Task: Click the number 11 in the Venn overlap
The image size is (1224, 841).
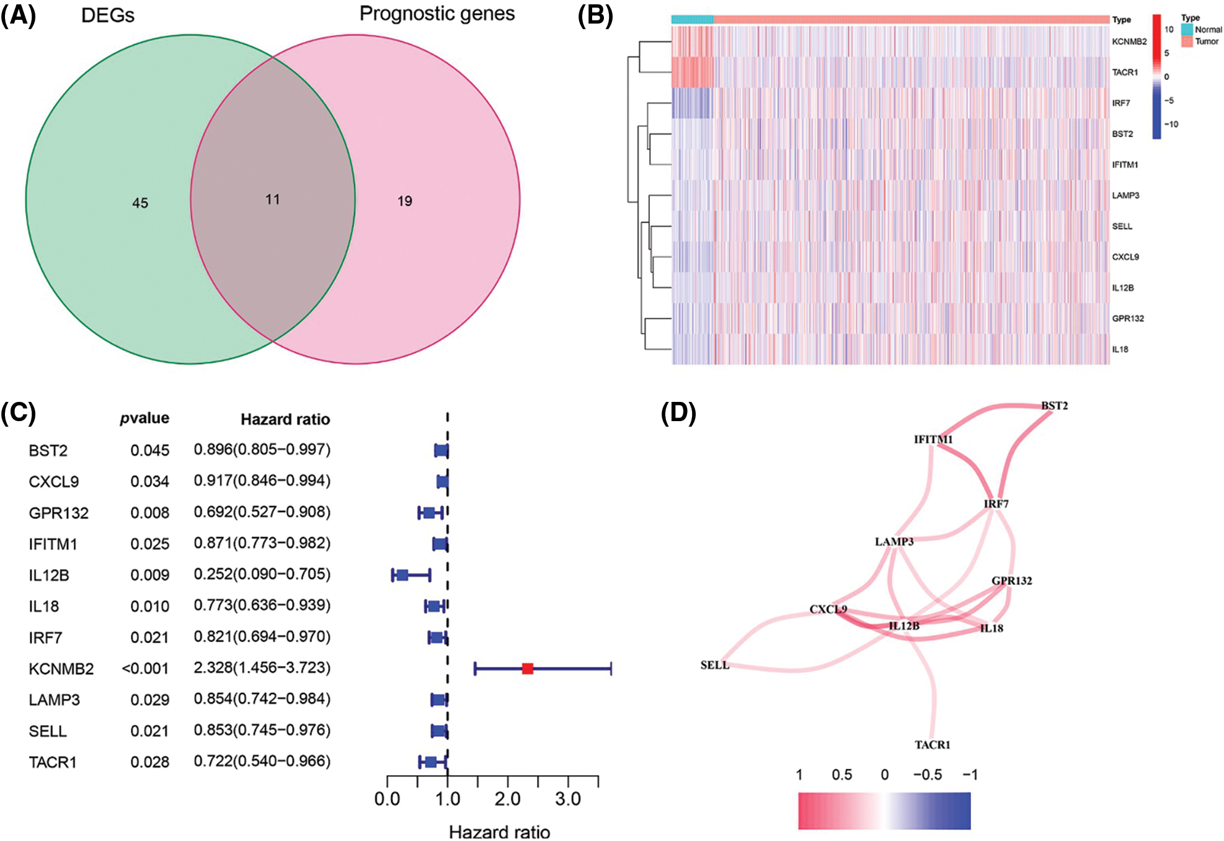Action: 272,200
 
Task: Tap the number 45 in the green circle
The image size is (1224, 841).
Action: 140,203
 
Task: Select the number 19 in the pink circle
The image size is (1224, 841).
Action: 404,201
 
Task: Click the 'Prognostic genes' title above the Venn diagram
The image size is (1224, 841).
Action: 437,14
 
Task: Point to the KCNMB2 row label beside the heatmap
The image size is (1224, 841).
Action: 1129,42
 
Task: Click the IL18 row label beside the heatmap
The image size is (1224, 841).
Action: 1120,349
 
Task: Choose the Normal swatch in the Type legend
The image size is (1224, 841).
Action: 1187,29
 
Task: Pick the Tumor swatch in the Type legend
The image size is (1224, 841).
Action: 1187,42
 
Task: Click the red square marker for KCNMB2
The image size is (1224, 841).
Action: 528,668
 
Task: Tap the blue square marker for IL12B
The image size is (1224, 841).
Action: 402,575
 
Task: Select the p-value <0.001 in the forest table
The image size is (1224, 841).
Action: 145,668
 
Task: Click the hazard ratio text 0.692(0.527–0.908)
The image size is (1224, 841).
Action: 262,512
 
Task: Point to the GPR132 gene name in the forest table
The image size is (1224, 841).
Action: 58,513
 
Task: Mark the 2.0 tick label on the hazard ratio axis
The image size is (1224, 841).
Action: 507,799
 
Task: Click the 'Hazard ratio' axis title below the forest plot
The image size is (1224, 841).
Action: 499,832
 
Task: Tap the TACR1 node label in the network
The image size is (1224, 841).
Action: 932,744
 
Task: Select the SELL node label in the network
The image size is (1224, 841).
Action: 714,665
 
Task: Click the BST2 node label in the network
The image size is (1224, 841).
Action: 1054,406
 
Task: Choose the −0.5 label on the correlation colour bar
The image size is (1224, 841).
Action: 927,775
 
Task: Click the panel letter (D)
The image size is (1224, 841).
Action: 678,413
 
